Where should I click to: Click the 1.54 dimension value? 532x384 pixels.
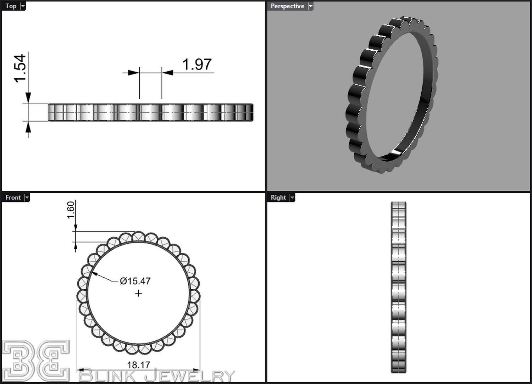20,68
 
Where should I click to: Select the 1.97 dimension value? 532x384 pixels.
196,65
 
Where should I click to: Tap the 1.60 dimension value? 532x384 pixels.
71,210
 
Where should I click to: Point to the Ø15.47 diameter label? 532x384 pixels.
135,281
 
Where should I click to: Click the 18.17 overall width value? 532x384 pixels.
138,364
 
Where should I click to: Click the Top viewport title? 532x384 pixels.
11,6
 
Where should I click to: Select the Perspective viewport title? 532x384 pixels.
287,6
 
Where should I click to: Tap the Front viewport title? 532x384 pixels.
13,197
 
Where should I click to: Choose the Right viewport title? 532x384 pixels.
278,197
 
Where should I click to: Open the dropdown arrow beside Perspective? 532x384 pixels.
310,6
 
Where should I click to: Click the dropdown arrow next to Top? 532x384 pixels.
23,6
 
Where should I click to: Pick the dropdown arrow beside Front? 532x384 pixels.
27,197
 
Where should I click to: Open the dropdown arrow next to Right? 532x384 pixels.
292,197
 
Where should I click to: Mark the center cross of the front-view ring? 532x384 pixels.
138,293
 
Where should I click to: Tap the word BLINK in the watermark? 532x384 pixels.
110,375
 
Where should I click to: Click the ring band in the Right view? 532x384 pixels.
398,287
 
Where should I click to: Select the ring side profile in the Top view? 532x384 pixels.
151,112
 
